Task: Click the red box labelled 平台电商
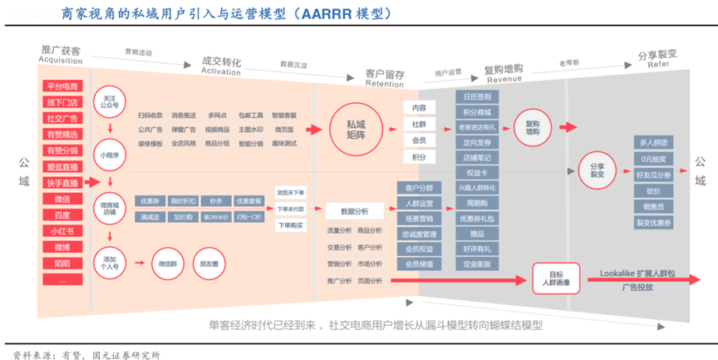click(62, 86)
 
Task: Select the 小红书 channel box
click(62, 231)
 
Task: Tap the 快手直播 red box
click(62, 183)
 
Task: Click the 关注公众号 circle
click(110, 99)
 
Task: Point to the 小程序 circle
click(110, 155)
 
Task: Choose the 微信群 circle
click(167, 264)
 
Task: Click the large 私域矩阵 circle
click(360, 129)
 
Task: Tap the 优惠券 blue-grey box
click(150, 200)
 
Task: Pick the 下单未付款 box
click(290, 208)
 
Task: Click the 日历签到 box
click(477, 96)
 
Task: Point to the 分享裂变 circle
click(597, 170)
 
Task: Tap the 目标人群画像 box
click(554, 279)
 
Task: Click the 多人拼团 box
click(653, 142)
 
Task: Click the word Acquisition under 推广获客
click(60, 61)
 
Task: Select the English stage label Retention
click(384, 84)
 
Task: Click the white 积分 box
click(419, 157)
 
